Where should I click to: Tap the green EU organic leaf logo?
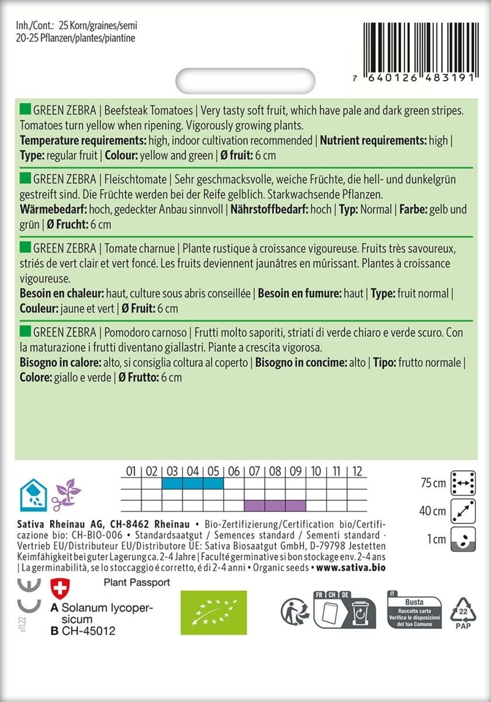point(213,613)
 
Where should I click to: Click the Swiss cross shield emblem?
point(60,588)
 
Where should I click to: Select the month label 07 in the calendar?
point(254,471)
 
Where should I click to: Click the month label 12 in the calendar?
point(357,471)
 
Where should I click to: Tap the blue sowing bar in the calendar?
point(193,483)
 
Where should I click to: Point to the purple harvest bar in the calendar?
point(275,505)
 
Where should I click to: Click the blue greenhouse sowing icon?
point(33,495)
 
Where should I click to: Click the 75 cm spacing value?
point(433,483)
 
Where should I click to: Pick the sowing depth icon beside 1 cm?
point(463,539)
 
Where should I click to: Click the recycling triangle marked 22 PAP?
point(463,613)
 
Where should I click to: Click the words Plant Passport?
point(137,583)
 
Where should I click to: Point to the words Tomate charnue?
point(140,249)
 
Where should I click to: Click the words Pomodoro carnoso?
point(145,333)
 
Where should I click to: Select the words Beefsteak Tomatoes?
point(148,110)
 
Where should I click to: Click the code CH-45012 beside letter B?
point(89,631)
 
